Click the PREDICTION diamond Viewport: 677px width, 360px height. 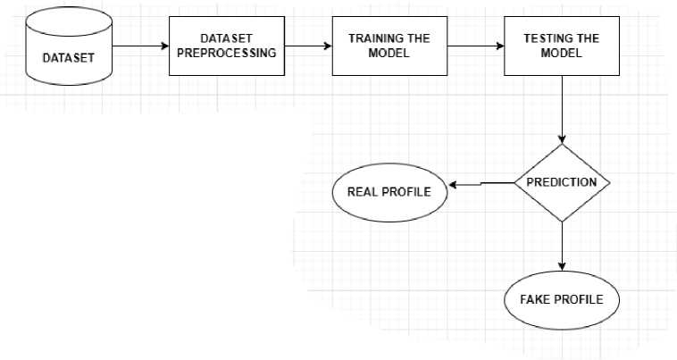point(562,182)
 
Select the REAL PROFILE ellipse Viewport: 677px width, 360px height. point(389,191)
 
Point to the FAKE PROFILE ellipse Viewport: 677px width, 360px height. point(562,298)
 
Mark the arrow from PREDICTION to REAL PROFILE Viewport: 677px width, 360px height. point(481,184)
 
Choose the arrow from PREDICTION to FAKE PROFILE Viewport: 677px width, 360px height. point(562,247)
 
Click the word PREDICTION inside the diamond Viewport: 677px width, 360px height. point(562,182)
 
